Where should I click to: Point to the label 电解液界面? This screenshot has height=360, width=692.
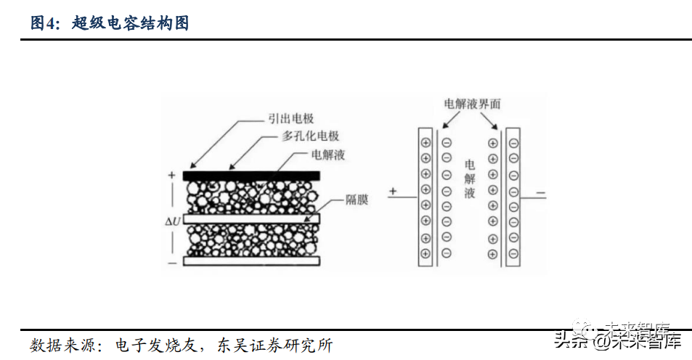tap(472, 104)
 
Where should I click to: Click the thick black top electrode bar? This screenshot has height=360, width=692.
tap(251, 176)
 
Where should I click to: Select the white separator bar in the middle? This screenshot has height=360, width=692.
tap(251, 218)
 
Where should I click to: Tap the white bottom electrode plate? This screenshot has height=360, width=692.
tap(251, 261)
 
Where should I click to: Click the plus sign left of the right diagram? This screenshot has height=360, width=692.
tap(394, 192)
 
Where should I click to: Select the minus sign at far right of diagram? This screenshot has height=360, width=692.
tap(541, 193)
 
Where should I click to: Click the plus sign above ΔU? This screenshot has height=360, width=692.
tap(172, 175)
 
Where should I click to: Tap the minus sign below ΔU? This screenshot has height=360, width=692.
tap(172, 263)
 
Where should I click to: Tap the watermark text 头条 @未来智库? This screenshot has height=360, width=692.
tap(617, 340)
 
